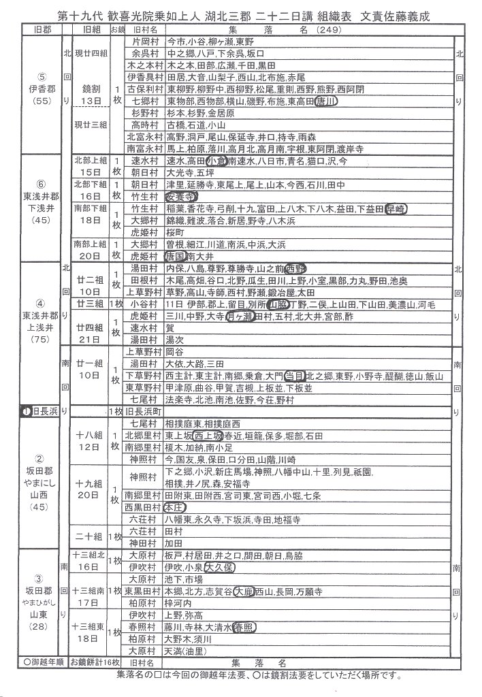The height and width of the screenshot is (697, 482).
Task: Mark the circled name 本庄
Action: pos(178,507)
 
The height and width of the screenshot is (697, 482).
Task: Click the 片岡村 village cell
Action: pos(145,42)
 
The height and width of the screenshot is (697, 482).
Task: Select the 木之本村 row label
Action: pos(145,65)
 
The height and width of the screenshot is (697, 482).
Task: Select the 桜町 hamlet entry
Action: pos(176,232)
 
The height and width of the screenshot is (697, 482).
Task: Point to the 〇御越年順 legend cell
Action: pos(34,661)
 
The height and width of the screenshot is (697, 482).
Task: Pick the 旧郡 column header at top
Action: pos(33,30)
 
